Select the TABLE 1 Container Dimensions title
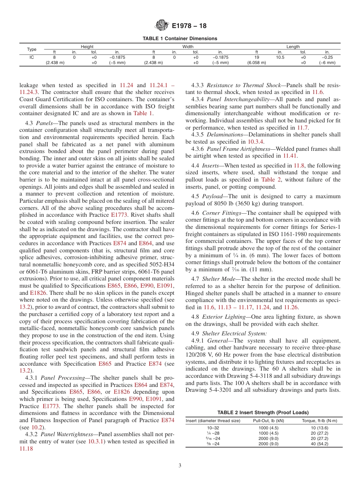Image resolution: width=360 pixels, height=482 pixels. click(180, 39)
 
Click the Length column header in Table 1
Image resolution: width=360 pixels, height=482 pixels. click(293, 47)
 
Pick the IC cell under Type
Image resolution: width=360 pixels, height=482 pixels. click(32, 57)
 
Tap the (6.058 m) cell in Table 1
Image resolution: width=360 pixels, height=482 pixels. click(257, 63)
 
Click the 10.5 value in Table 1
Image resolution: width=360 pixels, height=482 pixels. click(280, 57)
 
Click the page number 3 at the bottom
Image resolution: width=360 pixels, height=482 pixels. click(180, 466)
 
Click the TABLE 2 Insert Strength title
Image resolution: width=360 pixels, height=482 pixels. click(263, 413)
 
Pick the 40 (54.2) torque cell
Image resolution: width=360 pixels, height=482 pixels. click(319, 444)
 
